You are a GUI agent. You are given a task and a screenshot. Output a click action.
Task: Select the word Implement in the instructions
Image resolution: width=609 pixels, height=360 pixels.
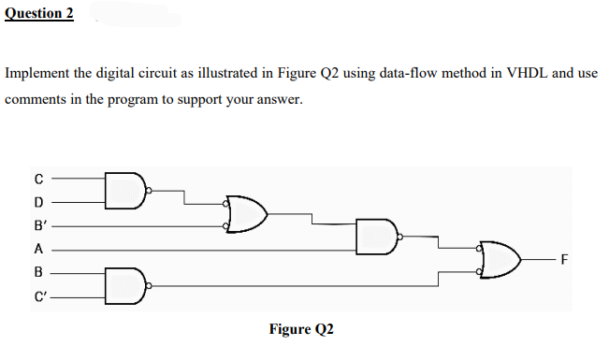click(x=37, y=72)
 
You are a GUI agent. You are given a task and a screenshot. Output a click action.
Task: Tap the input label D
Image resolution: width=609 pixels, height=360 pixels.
click(x=38, y=202)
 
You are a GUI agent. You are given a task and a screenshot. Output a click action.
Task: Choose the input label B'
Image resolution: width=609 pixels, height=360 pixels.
click(x=40, y=225)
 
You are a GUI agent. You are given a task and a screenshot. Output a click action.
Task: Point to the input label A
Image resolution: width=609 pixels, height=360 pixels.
click(x=38, y=249)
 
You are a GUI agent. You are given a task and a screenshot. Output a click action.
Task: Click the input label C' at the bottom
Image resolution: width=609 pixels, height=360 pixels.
click(x=40, y=296)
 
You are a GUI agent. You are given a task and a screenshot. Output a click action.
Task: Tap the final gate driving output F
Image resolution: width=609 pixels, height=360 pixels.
click(x=500, y=260)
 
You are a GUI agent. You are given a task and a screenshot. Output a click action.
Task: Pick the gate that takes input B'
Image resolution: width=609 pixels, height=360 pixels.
click(x=245, y=214)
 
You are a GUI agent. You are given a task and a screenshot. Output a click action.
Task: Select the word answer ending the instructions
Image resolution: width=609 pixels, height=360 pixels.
click(x=280, y=97)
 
